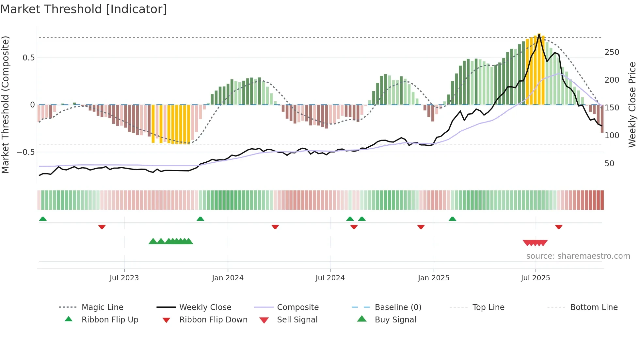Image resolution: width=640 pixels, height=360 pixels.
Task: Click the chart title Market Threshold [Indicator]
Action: [x=84, y=9]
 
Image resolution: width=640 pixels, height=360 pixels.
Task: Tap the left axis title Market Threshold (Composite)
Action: [x=5, y=105]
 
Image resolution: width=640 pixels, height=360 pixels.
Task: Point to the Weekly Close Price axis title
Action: [x=632, y=105]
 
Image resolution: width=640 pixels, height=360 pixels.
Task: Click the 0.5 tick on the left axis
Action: [x=28, y=58]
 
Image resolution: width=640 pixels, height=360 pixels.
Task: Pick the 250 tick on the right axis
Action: [x=612, y=52]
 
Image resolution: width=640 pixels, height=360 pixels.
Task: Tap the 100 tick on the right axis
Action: [x=612, y=136]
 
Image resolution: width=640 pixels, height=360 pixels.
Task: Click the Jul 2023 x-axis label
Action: [x=124, y=278]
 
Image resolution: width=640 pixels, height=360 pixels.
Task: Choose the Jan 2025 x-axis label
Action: [x=433, y=278]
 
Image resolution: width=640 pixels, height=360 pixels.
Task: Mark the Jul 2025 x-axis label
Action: [x=535, y=278]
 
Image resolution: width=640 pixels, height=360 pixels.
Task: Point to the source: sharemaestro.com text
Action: [x=578, y=256]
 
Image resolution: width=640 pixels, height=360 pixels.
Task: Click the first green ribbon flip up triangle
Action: [x=43, y=219]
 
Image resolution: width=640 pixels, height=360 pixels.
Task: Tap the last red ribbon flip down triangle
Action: [x=559, y=227]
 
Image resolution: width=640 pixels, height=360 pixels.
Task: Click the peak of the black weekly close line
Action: [x=539, y=34]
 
